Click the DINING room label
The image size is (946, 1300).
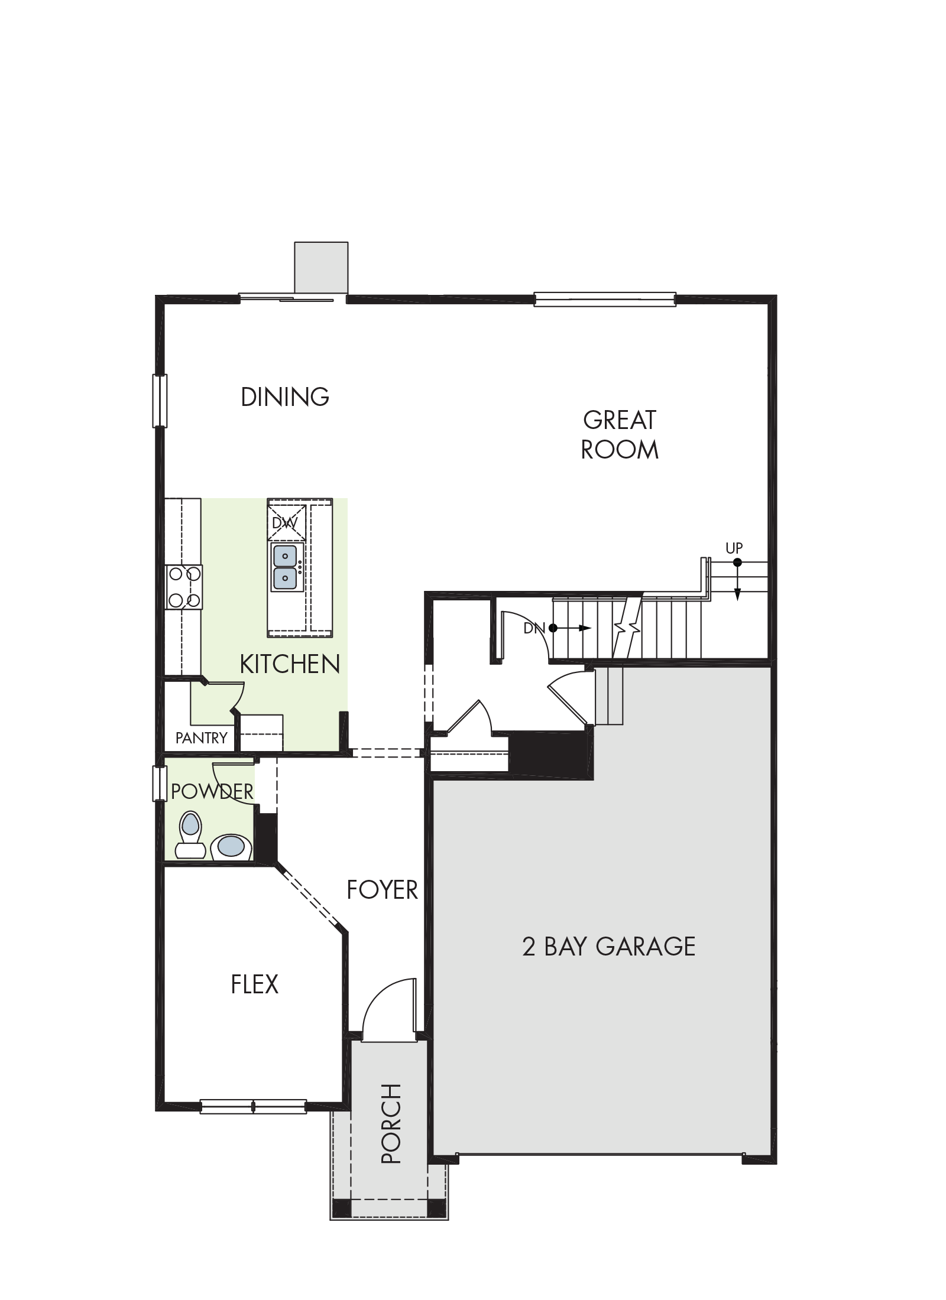pos(285,396)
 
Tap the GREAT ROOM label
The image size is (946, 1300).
pos(620,435)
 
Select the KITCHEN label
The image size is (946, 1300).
pos(290,664)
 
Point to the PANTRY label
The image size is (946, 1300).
pos(201,737)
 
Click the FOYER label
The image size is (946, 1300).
pos(382,889)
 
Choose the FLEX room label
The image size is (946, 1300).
pos(254,984)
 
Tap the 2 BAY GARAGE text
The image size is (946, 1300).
pos(608,946)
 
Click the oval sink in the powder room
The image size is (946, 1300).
pos(231,846)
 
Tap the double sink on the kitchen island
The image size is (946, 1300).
pos(286,567)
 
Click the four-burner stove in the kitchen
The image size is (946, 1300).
pos(184,587)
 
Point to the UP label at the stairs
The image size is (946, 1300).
pos(734,548)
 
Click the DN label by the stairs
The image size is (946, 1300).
pos(534,628)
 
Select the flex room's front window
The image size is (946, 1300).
pos(253,1106)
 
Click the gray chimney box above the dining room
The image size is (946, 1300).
pos(321,267)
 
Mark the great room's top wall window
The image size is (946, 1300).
pos(605,299)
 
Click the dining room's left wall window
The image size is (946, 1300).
pos(160,401)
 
